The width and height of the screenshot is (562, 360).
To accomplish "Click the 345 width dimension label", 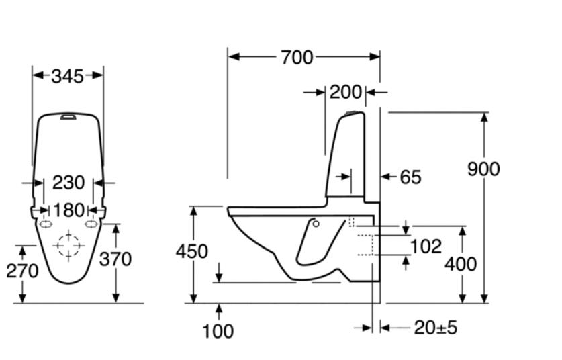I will (x=68, y=76).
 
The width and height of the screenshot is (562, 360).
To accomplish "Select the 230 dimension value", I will (x=68, y=182).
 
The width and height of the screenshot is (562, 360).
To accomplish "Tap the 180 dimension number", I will (x=68, y=210).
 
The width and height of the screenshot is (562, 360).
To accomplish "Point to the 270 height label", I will (x=22, y=271).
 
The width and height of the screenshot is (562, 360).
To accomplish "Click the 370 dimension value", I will (x=115, y=259).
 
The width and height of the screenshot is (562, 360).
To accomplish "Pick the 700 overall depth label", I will (x=297, y=58).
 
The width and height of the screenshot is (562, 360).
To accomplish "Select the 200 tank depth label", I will (x=345, y=92).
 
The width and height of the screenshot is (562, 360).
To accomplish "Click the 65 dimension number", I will (x=410, y=177).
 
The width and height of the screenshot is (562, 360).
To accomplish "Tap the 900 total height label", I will (x=483, y=169).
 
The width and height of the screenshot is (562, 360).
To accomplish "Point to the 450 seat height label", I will (x=192, y=251).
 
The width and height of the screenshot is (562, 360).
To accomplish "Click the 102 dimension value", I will (x=426, y=246).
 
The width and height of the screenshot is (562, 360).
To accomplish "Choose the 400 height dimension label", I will (x=461, y=263).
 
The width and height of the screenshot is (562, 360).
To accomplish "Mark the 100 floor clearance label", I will (x=218, y=330).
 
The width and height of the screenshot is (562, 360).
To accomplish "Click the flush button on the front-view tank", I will (x=68, y=117).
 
